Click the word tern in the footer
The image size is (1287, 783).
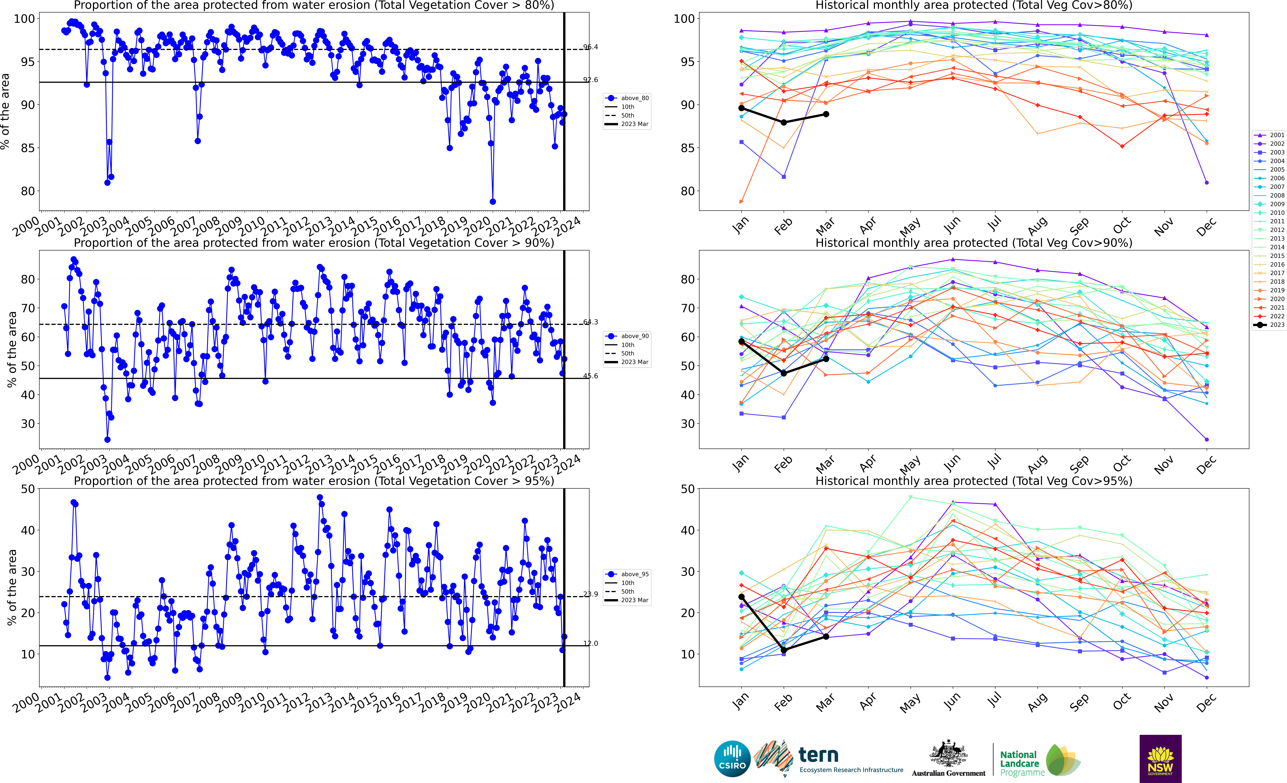(819, 755)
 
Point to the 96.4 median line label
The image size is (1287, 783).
(591, 47)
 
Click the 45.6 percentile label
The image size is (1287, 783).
(591, 376)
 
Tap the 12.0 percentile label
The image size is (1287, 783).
(591, 643)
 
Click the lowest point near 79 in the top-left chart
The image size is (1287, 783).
(493, 201)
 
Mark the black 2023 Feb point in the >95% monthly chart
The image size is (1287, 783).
(783, 650)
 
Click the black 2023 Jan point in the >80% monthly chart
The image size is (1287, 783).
(741, 108)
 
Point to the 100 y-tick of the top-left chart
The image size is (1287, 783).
(24, 19)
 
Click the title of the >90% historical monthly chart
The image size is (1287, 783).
(974, 243)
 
